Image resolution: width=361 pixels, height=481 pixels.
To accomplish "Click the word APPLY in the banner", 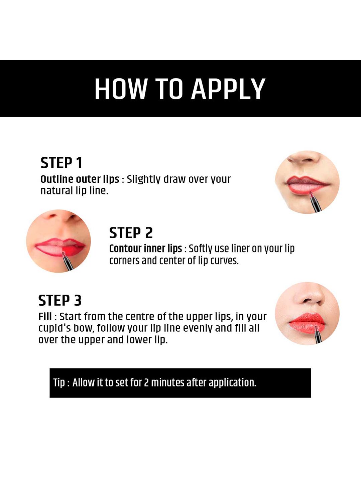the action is click(228, 89).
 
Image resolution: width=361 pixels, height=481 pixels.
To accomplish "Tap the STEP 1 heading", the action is click(61, 163).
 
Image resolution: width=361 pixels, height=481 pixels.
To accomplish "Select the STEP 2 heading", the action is click(131, 233).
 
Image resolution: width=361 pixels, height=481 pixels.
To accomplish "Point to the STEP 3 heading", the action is click(59, 300).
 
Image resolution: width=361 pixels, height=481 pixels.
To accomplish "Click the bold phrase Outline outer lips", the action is click(80, 179).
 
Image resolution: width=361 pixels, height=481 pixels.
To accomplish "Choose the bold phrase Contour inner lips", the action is click(145, 249).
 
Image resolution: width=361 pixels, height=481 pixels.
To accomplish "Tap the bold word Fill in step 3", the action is click(45, 316).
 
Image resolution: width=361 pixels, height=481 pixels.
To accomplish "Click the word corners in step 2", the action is click(124, 261).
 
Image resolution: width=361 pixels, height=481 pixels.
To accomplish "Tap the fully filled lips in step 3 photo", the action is click(307, 323).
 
